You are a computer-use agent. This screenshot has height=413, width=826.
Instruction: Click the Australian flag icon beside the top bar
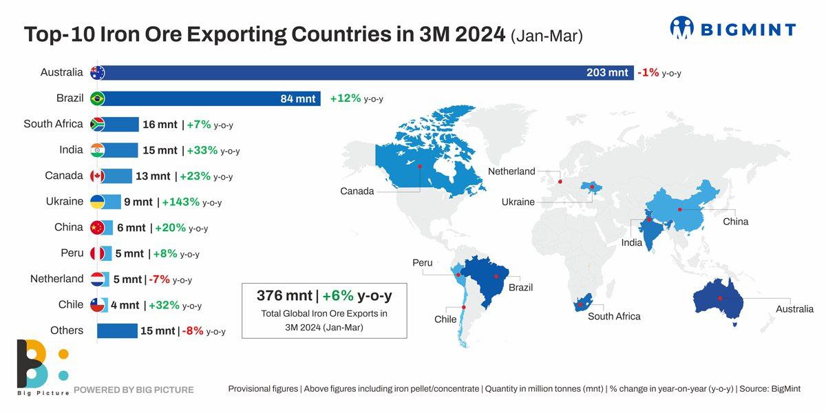[x=97, y=72]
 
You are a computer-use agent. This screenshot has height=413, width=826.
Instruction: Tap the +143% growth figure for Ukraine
[x=181, y=202]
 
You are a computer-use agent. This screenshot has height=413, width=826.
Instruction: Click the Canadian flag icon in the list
[x=97, y=176]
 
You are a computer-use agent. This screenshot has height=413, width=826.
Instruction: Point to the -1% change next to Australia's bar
[x=649, y=72]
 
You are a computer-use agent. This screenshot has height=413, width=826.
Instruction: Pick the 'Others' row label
[x=67, y=330]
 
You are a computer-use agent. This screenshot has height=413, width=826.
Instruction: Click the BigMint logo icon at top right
[x=682, y=28]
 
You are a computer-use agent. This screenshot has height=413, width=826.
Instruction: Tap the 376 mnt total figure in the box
[x=284, y=296]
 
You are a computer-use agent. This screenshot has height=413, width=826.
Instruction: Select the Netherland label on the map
[x=511, y=171]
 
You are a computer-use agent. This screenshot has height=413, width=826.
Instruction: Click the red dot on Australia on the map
[x=719, y=298]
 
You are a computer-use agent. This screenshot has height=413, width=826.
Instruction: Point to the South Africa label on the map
[x=614, y=317]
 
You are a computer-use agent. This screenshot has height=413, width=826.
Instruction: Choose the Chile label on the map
[x=445, y=319]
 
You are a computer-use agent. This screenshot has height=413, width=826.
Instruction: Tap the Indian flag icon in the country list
[x=97, y=150]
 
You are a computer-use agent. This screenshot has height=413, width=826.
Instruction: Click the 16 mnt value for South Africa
[x=160, y=125]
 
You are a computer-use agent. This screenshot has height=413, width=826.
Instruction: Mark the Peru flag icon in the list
[x=97, y=253]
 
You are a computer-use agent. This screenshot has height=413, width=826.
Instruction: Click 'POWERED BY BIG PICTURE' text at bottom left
[x=134, y=390]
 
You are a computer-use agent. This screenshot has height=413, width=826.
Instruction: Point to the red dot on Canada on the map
[x=420, y=165]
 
